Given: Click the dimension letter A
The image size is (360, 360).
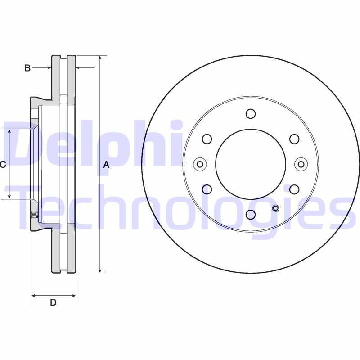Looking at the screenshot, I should click(106, 165).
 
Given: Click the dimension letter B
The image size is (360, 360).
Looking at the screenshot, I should click(27, 68).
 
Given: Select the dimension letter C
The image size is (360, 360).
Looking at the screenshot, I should click(3, 165).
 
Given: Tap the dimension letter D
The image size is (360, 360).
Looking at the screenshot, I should click(53, 302).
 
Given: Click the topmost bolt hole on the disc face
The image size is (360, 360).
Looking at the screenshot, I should click(251, 113).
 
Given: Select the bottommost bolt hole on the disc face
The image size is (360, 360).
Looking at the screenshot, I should click(251, 215).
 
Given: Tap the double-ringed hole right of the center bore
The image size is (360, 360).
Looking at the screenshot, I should click(301, 164).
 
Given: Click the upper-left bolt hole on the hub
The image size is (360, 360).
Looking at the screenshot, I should click(207, 139).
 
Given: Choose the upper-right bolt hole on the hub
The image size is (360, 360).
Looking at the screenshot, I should click(294, 139).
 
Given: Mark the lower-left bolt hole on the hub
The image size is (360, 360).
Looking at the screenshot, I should click(207, 189).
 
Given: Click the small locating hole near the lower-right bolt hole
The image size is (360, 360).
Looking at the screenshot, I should click(276, 208).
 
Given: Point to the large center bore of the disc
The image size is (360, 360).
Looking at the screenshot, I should click(251, 164).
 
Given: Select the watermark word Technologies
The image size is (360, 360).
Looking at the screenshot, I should click(180, 209).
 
